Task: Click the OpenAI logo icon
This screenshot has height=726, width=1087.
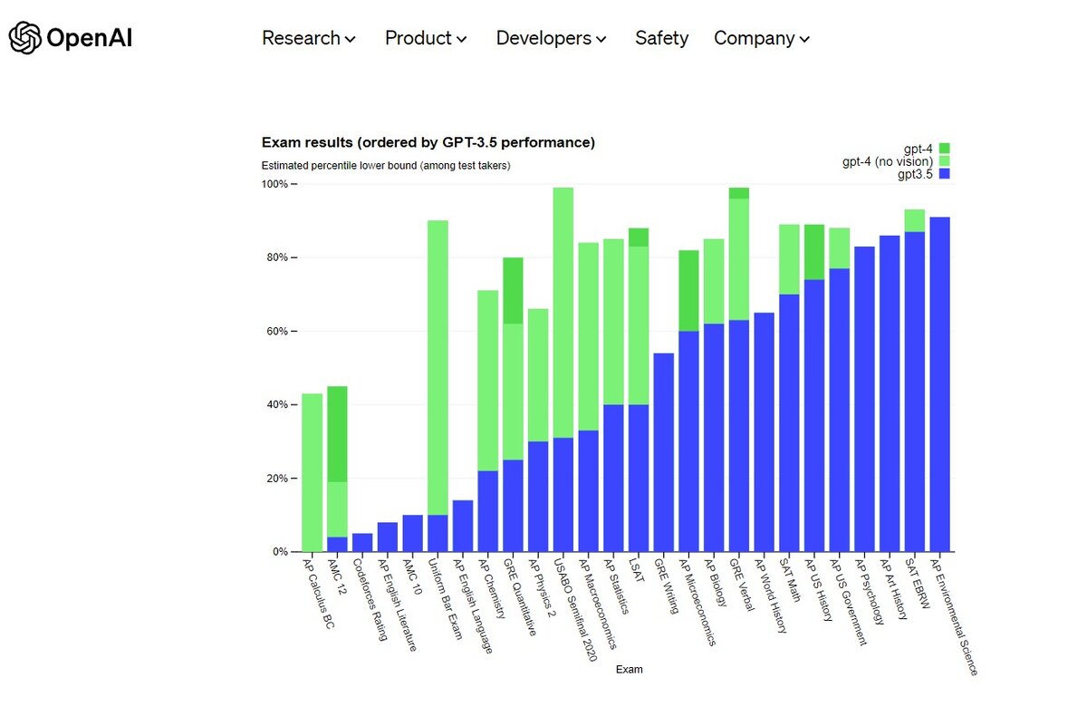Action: pyautogui.click(x=24, y=38)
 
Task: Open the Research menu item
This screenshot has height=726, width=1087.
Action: pyautogui.click(x=309, y=38)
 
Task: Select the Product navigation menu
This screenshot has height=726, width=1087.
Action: pyautogui.click(x=426, y=38)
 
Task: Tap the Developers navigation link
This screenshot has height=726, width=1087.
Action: pyautogui.click(x=551, y=38)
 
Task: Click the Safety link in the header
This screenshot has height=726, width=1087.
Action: pyautogui.click(x=661, y=38)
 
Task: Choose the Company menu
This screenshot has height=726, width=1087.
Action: pyautogui.click(x=761, y=38)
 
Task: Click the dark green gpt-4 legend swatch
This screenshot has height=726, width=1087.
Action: pyautogui.click(x=944, y=148)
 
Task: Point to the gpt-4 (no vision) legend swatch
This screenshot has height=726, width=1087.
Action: pyautogui.click(x=944, y=161)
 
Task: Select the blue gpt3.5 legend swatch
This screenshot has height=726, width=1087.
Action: pyautogui.click(x=944, y=174)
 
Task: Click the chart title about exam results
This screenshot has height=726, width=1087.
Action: pyautogui.click(x=428, y=142)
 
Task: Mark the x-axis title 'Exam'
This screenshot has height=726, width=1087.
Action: pyautogui.click(x=629, y=670)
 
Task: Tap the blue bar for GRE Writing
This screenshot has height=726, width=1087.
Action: pyautogui.click(x=663, y=453)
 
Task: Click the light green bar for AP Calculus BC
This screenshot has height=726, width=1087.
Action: pyautogui.click(x=312, y=471)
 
